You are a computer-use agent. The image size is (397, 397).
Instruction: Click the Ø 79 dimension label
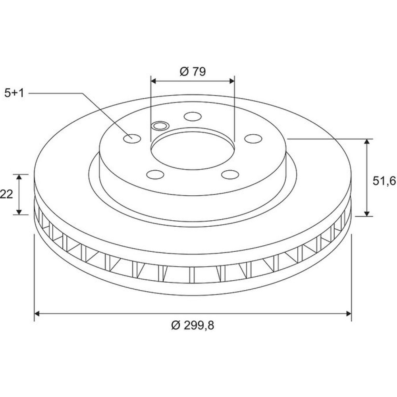pos(193,71)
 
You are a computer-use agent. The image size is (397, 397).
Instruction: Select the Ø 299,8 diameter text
pos(193,325)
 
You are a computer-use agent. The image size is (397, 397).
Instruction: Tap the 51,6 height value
pos(384,181)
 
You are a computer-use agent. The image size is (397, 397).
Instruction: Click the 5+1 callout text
pos(14,93)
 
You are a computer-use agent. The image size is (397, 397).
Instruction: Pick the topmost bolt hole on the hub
pos(193,116)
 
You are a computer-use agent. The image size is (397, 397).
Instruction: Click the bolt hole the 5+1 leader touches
pos(132,139)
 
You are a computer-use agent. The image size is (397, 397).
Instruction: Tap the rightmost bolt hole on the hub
pos(253,139)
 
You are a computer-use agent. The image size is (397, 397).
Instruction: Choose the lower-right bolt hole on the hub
pos(230,174)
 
